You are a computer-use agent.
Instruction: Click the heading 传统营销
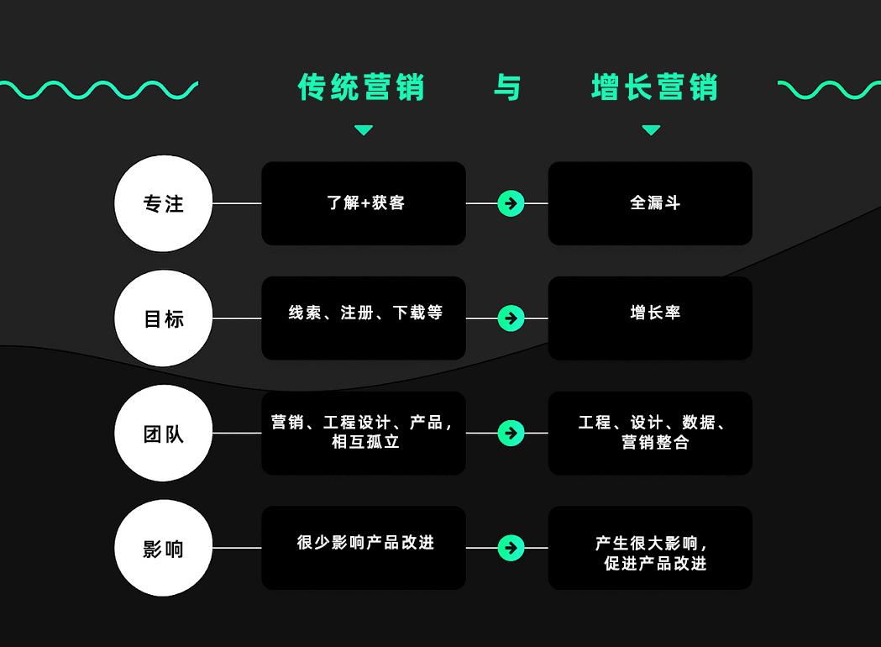(x=362, y=87)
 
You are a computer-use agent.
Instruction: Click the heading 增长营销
(x=654, y=87)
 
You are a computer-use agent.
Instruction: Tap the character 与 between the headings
(x=507, y=87)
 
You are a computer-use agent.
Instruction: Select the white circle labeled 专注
(x=163, y=203)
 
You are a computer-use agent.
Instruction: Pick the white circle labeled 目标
(x=163, y=318)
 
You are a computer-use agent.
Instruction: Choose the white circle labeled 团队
(x=163, y=434)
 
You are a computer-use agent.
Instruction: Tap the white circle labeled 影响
(x=163, y=549)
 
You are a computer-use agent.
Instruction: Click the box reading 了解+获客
(x=364, y=203)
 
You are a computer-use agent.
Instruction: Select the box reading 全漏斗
(x=650, y=203)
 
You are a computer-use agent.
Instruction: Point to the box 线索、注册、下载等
(x=364, y=318)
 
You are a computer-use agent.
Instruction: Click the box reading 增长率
(x=650, y=318)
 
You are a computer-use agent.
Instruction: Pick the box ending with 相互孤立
(x=364, y=433)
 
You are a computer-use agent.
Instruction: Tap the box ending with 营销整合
(x=650, y=433)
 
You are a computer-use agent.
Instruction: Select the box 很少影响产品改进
(x=364, y=548)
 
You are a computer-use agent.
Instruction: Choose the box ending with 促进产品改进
(x=650, y=548)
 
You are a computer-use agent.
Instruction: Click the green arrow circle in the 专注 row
(x=511, y=203)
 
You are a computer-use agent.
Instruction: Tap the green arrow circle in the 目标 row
(x=511, y=318)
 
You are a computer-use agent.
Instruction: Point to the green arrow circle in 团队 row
(x=511, y=433)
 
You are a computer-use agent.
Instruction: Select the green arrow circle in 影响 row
(x=511, y=548)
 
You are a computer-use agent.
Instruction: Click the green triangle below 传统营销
(x=364, y=130)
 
